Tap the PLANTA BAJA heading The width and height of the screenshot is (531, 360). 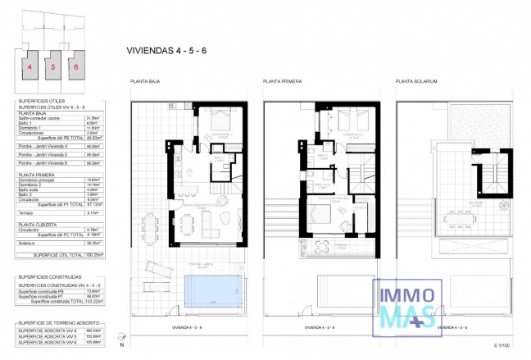(x=145, y=82)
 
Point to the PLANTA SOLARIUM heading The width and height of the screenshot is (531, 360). (x=416, y=82)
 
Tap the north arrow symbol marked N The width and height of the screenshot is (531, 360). (x=121, y=339)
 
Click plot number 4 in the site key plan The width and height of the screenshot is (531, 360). (x=29, y=66)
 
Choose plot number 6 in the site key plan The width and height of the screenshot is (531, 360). (x=76, y=66)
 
